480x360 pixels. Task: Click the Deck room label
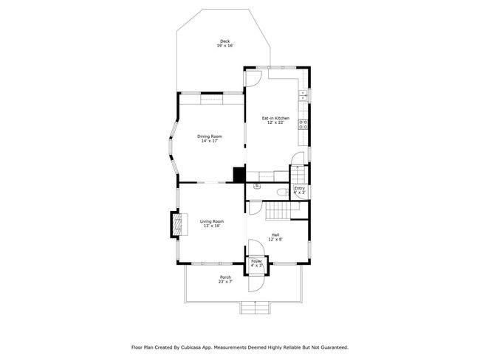225,41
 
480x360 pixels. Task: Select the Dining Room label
210,136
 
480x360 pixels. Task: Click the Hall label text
275,235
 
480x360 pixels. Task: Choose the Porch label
225,277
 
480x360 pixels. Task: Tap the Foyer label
256,260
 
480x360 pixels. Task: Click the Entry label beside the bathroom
299,188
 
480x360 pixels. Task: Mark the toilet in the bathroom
281,193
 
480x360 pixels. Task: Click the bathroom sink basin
257,187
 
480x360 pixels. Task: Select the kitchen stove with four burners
303,124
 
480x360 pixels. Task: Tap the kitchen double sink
303,95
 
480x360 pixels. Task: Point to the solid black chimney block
239,174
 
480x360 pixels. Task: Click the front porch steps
256,308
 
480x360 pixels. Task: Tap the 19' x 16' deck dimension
225,46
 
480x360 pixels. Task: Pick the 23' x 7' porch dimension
225,282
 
